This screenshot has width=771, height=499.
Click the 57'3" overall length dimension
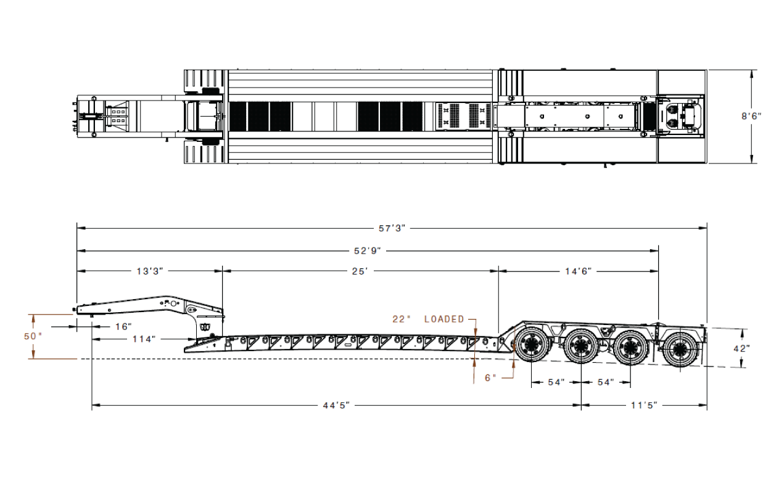[x=392, y=228]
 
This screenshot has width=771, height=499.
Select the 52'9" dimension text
[x=368, y=251]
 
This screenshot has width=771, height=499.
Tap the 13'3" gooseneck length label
[x=150, y=271]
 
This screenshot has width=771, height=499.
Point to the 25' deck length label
[x=360, y=271]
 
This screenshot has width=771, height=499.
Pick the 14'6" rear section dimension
[x=579, y=271]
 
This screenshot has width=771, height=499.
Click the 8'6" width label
[x=751, y=117]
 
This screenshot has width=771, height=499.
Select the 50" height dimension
[x=33, y=336]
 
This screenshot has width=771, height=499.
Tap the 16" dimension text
[x=123, y=326]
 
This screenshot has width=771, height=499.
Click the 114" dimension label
[x=144, y=339]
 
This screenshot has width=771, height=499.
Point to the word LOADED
[x=444, y=320]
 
